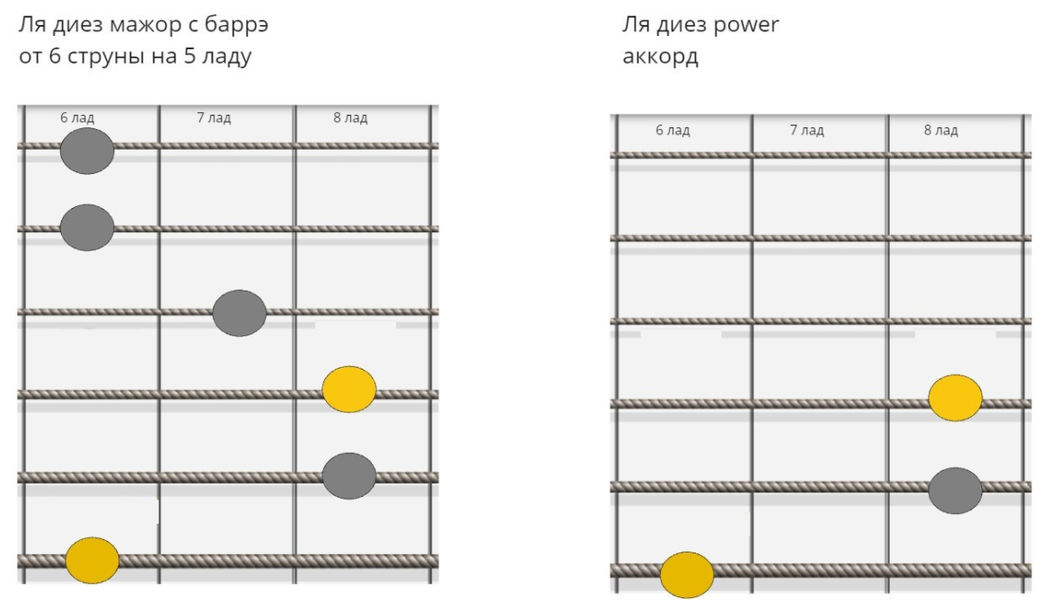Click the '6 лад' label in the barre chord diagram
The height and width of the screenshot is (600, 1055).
point(77,117)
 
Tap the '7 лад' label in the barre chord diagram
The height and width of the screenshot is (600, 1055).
point(214,117)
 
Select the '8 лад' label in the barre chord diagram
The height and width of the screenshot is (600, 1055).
point(350,117)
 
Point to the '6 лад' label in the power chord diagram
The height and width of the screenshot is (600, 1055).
point(673,130)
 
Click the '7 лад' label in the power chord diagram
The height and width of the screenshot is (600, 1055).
point(806,130)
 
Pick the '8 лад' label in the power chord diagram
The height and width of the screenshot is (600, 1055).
point(940,130)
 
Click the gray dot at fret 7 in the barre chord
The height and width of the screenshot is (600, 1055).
point(239,313)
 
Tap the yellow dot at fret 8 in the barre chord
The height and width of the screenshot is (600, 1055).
point(349,389)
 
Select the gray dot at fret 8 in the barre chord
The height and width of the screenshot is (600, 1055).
point(349,476)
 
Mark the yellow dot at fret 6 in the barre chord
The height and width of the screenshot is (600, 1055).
point(92,560)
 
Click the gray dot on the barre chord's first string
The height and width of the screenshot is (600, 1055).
point(87,151)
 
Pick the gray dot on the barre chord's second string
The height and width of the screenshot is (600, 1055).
point(87,228)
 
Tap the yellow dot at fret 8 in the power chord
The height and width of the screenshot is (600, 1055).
point(955,398)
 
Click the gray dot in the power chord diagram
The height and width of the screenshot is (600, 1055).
point(955,490)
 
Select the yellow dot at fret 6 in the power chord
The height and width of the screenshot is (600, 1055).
point(687,575)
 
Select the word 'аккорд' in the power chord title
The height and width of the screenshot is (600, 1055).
point(660,57)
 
